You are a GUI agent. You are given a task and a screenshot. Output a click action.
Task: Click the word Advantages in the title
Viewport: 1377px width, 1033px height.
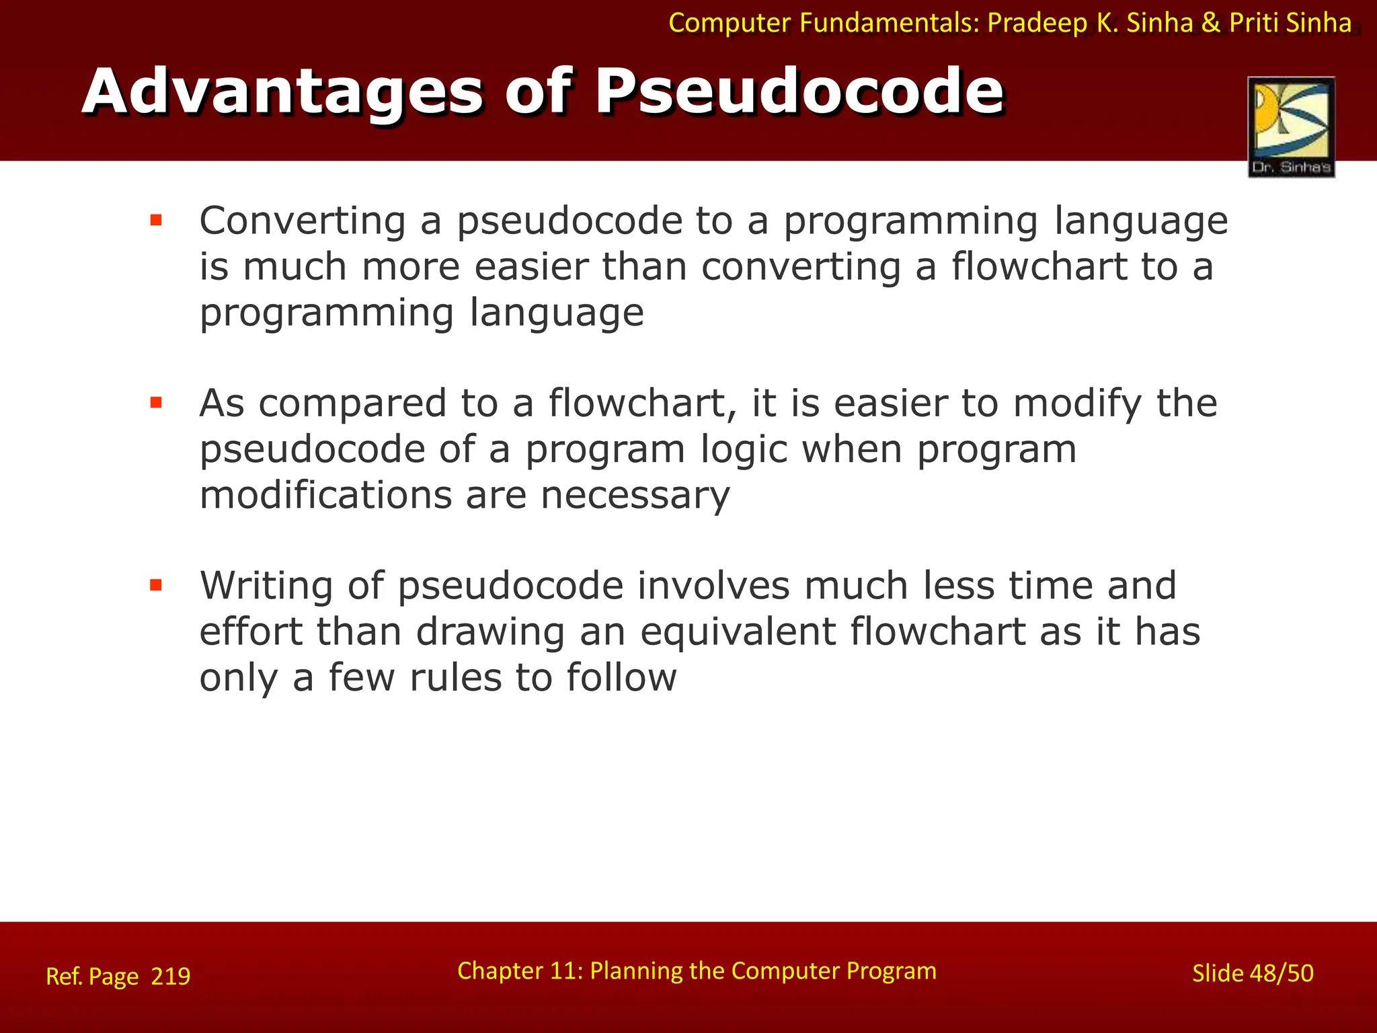(282, 91)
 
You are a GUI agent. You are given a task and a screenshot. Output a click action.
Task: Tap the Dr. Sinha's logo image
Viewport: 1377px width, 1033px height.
(1291, 126)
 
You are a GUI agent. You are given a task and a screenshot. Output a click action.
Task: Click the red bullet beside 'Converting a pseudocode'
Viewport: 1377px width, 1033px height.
(156, 220)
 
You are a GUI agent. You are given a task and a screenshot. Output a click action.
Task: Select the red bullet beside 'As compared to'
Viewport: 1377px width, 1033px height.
(156, 403)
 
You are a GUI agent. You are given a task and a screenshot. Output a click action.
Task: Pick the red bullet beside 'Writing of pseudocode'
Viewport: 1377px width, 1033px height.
(156, 585)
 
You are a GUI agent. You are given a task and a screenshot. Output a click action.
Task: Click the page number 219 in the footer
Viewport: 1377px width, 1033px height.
(170, 976)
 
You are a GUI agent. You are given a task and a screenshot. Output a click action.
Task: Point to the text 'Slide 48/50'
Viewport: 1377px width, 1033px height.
(1252, 973)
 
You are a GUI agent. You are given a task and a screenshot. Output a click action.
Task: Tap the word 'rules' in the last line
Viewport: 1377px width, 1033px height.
(455, 677)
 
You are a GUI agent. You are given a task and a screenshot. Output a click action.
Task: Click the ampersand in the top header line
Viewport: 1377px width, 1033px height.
(1210, 23)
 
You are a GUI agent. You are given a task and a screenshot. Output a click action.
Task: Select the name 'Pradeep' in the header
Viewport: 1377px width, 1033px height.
(1037, 23)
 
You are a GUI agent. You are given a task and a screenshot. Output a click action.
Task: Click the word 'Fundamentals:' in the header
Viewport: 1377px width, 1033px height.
(890, 23)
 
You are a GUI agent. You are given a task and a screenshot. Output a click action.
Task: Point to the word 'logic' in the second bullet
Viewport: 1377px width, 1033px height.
(743, 449)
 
